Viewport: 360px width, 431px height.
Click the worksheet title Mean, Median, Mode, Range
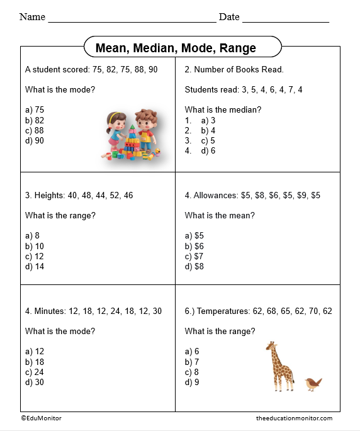click(176, 48)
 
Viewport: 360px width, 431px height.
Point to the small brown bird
click(313, 383)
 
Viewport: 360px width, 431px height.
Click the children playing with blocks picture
click(132, 135)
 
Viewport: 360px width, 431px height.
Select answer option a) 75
click(35, 109)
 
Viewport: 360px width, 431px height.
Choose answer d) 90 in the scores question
click(35, 140)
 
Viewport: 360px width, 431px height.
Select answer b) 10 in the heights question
click(35, 246)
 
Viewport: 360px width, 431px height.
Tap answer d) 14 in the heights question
click(35, 266)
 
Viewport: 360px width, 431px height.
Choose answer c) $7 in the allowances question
click(195, 256)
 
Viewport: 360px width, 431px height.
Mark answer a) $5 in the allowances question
click(195, 236)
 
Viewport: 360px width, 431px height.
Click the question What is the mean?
click(220, 215)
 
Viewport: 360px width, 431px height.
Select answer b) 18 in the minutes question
click(35, 362)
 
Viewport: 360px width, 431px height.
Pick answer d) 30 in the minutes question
click(35, 382)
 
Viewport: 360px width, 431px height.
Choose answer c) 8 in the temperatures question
click(192, 372)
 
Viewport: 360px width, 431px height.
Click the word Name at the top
click(32, 17)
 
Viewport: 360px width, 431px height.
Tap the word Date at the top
click(229, 17)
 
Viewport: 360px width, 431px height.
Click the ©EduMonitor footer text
click(41, 418)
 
